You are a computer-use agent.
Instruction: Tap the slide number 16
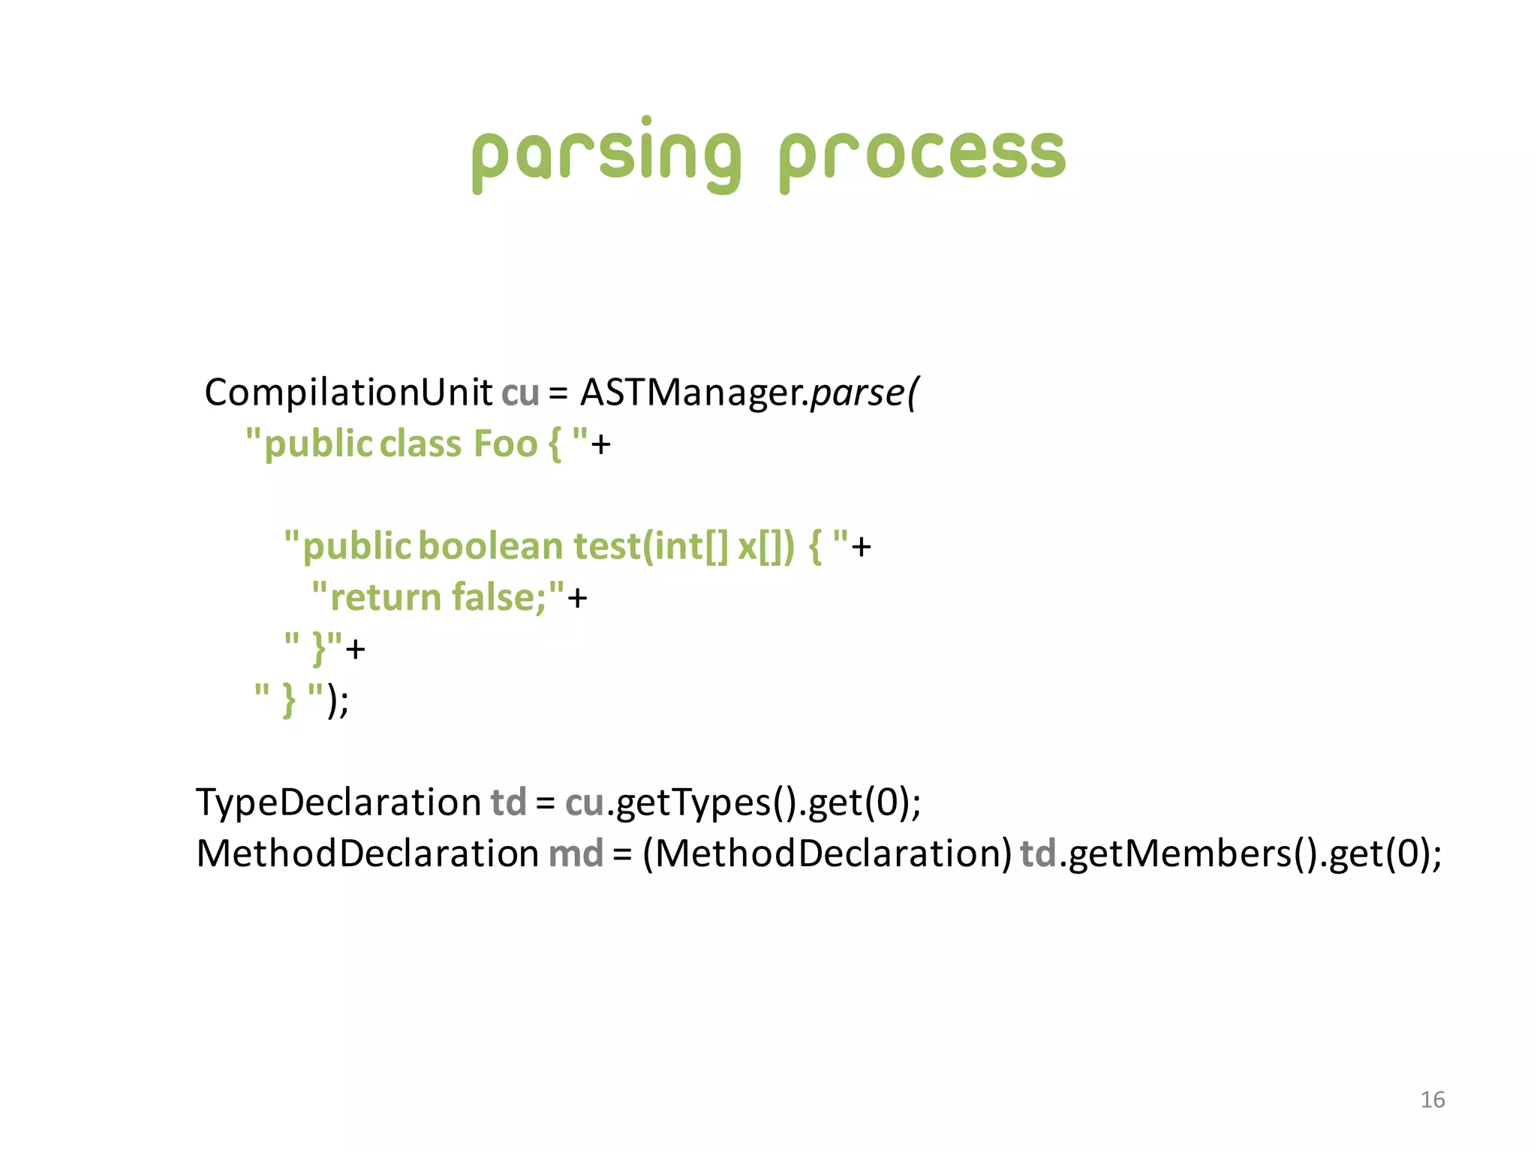click(1432, 1100)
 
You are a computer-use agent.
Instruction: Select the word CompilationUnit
click(348, 393)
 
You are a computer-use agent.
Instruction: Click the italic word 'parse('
click(863, 393)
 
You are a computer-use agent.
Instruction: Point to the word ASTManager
click(691, 393)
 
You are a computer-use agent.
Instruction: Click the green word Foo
click(505, 444)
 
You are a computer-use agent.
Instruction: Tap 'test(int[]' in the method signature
click(650, 546)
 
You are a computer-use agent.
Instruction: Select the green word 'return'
click(385, 598)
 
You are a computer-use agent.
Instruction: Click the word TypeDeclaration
click(338, 802)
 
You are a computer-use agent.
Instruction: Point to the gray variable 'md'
click(576, 853)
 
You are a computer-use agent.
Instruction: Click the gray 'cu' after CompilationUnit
click(520, 393)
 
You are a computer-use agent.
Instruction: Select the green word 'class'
click(420, 444)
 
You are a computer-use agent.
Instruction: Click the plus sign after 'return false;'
click(577, 599)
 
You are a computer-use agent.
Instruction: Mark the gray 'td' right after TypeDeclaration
click(508, 802)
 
